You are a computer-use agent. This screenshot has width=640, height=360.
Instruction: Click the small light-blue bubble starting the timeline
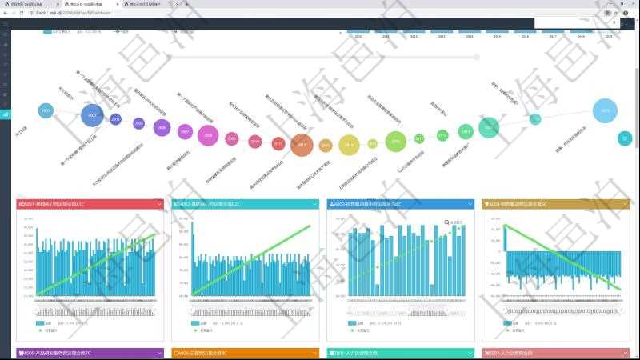pos(46,110)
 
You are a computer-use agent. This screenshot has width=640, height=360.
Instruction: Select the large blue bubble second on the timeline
pos(93,115)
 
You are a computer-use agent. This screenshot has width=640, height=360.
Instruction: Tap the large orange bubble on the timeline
pos(302,145)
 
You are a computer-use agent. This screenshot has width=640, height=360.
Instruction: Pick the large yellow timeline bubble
pos(347,145)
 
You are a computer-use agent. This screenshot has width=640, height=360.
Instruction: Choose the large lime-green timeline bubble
pos(395,142)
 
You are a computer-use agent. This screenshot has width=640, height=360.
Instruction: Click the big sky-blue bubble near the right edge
pos(605,110)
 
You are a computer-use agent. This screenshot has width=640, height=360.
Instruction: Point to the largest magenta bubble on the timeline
pos(208,135)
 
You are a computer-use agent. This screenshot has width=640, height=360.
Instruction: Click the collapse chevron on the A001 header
pos(160,205)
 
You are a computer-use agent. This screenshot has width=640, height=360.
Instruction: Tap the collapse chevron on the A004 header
pos(626,205)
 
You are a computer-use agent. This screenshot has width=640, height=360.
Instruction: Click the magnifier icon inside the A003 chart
pos(446,222)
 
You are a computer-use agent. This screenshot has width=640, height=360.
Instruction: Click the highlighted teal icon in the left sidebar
pos(5,114)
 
